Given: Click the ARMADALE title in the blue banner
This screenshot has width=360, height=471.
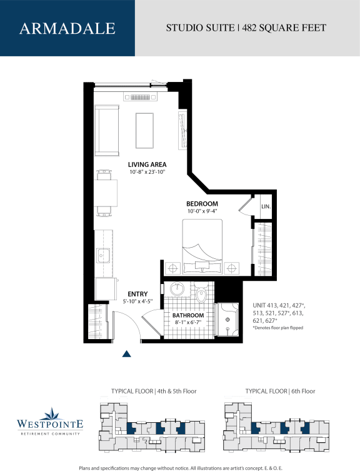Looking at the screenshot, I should pyautogui.click(x=67, y=28).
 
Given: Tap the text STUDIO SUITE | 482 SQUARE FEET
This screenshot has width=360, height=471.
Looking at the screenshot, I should pyautogui.click(x=246, y=28).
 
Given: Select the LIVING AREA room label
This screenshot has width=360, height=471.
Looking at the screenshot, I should pyautogui.click(x=147, y=165).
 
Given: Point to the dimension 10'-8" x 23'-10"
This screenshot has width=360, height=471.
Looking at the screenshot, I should pyautogui.click(x=147, y=172).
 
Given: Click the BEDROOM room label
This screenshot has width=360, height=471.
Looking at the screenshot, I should pyautogui.click(x=202, y=204).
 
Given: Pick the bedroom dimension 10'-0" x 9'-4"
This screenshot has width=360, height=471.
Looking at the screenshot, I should pyautogui.click(x=202, y=211).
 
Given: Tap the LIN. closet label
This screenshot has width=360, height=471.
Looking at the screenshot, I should pyautogui.click(x=266, y=206).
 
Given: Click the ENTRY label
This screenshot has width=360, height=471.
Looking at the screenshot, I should pyautogui.click(x=137, y=293).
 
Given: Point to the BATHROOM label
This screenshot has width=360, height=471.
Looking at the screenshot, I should pyautogui.click(x=188, y=315).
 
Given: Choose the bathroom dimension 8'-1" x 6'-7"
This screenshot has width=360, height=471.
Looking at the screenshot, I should pyautogui.click(x=188, y=323).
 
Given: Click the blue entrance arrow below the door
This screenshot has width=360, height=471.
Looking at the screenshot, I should pyautogui.click(x=127, y=354).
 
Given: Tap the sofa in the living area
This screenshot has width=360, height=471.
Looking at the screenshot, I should pyautogui.click(x=107, y=131).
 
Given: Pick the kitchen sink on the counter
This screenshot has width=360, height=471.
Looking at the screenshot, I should pyautogui.click(x=104, y=256).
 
